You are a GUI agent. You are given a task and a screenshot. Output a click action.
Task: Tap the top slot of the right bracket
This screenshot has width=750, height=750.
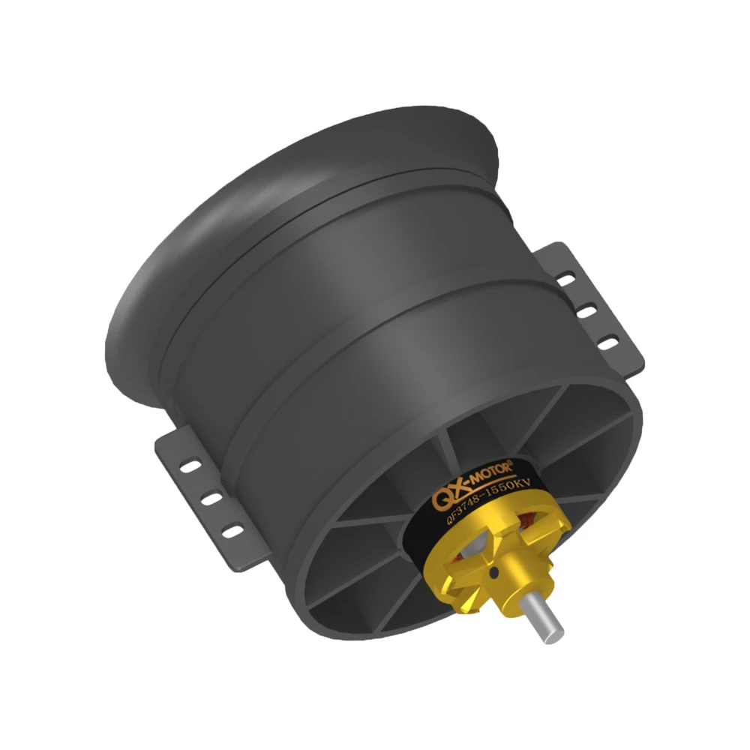568,279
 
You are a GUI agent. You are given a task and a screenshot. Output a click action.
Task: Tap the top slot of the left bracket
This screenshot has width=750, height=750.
193,466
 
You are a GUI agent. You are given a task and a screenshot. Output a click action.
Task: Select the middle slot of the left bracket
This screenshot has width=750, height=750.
213,498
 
